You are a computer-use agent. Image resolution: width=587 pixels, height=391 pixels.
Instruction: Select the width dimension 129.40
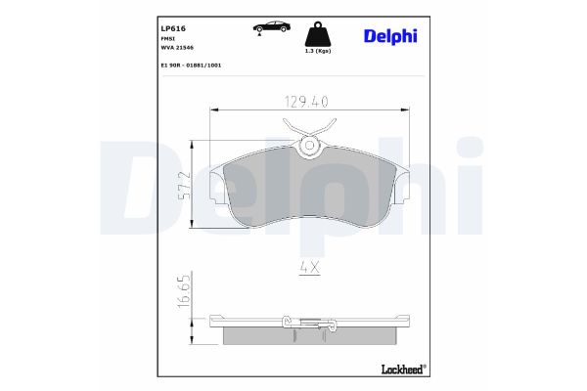coord(307,101)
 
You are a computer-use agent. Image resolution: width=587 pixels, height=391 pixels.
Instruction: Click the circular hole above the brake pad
coord(310,147)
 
